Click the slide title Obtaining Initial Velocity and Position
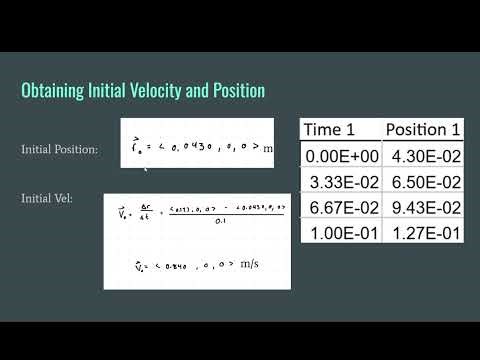pos(143,91)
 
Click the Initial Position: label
pos(60,149)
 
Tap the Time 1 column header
pos(335,129)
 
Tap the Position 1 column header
pos(423,129)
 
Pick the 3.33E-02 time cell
pos(342,183)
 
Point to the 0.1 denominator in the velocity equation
pos(234,222)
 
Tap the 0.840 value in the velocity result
pos(180,267)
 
